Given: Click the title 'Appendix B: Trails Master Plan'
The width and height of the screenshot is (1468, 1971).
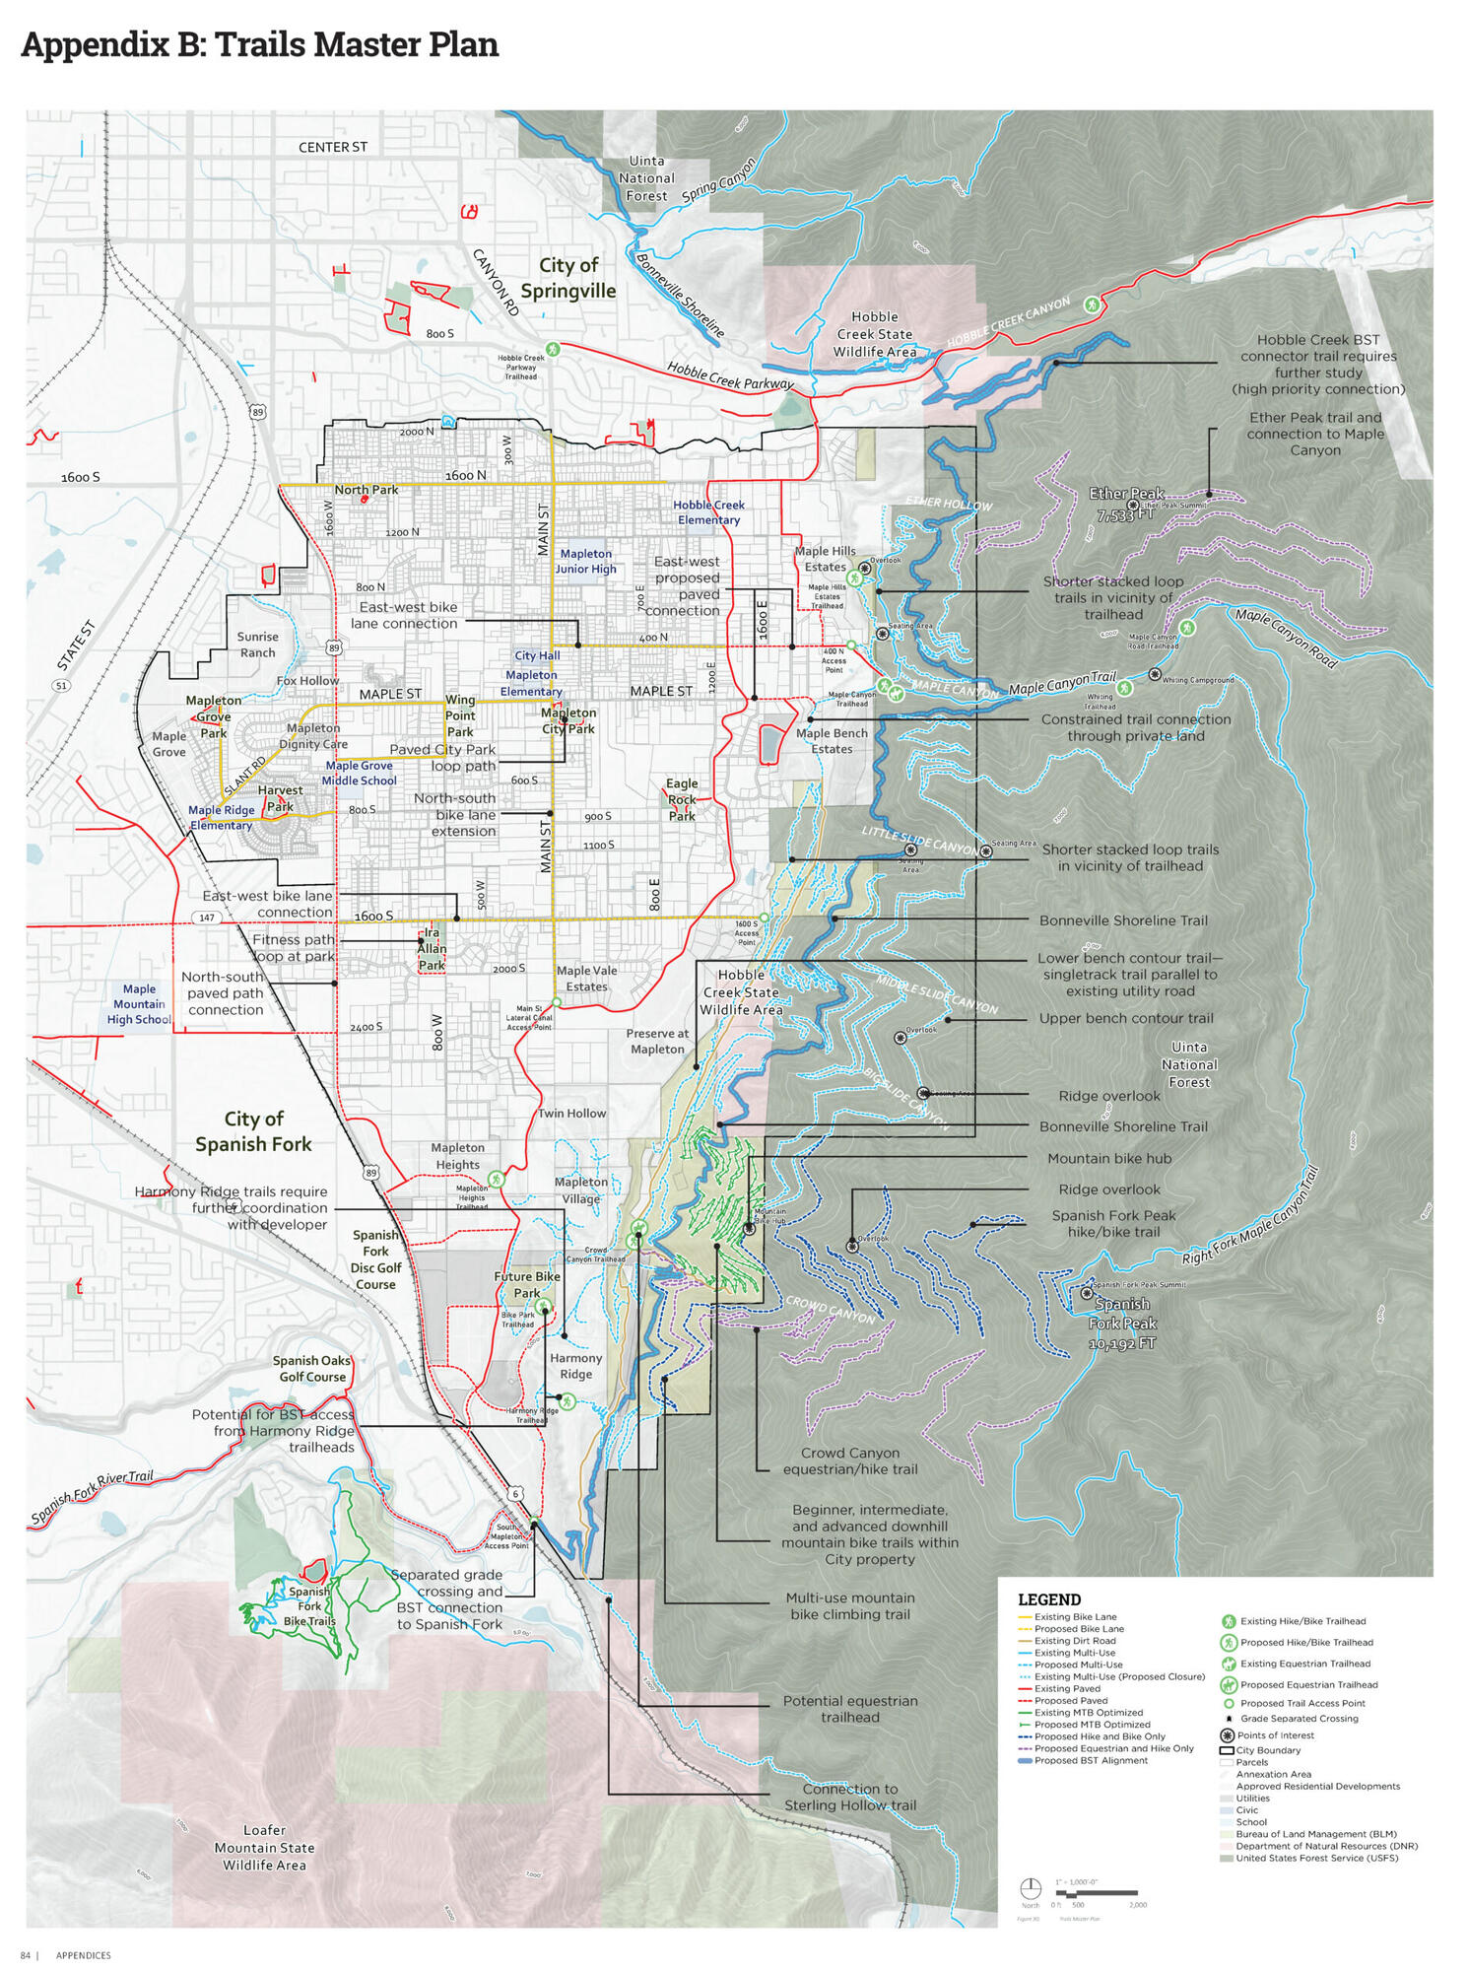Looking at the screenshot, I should (x=259, y=45).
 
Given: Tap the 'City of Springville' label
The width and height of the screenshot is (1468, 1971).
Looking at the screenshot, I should (x=567, y=278).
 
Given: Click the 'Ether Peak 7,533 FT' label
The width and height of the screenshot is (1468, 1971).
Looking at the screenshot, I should (x=1126, y=503).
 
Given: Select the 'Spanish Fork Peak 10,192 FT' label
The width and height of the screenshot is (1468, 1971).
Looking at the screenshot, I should (x=1122, y=1324).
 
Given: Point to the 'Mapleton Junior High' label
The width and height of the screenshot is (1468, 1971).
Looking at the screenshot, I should (x=585, y=561).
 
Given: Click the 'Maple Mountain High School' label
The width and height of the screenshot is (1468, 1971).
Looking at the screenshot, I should (x=139, y=1004).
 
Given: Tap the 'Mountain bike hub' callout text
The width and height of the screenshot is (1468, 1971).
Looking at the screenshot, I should (x=1108, y=1158).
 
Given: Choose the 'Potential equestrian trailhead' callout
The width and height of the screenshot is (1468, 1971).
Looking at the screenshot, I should (x=849, y=1708).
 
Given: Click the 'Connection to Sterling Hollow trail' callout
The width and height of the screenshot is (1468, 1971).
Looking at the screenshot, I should (x=849, y=1796).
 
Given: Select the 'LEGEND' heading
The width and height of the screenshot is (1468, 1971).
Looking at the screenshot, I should (x=1048, y=1598).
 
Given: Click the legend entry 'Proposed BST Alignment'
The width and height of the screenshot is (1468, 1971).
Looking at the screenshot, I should (x=1090, y=1759).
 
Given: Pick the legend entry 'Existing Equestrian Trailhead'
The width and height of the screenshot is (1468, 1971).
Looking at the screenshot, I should (x=1303, y=1663).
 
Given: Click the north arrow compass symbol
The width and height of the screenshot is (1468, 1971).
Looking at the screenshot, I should (x=1030, y=1887).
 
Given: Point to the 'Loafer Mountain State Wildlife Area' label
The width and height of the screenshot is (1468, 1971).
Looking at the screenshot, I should (x=264, y=1847).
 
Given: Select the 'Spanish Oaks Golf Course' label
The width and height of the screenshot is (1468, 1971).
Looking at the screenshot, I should (x=311, y=1368).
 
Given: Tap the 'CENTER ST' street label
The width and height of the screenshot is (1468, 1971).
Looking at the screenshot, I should (x=332, y=147).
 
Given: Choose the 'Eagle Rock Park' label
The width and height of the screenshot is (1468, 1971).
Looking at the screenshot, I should (x=681, y=799).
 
